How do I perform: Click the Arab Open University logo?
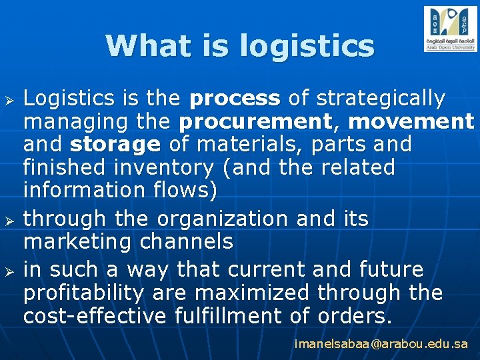pos(450,29)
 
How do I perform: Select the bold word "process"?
pos(235,99)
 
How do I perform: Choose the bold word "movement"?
pos(411,122)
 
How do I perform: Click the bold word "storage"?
pos(115,145)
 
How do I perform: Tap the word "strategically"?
pos(380,99)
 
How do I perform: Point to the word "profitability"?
pos(83,293)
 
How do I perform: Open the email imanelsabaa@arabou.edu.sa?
pos(381,345)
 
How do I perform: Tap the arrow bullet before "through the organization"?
pos(9,219)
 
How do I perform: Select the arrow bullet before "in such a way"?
pos(9,271)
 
